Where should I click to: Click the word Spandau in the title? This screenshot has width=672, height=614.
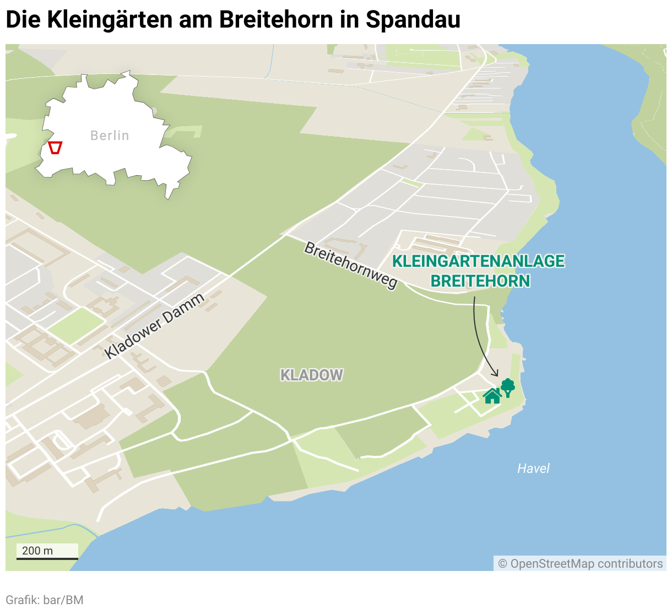click(x=413, y=20)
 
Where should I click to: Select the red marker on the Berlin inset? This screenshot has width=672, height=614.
click(x=55, y=148)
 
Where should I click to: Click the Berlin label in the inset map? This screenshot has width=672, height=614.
click(x=110, y=136)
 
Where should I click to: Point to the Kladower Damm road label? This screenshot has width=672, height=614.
click(x=155, y=326)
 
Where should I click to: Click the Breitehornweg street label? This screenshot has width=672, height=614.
click(x=351, y=265)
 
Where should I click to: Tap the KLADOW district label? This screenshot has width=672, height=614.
click(x=312, y=375)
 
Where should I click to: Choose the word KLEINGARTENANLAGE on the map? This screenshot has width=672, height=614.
click(x=478, y=261)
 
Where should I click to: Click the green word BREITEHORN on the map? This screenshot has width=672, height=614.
click(x=480, y=281)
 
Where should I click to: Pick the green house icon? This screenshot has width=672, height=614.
click(x=492, y=396)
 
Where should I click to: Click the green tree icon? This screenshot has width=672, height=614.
click(x=507, y=387)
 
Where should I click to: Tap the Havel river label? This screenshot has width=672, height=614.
click(x=533, y=468)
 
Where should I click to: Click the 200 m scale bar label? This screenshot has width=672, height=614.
click(x=37, y=551)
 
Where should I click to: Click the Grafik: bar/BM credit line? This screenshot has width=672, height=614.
click(x=45, y=600)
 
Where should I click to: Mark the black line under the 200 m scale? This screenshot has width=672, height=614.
click(x=47, y=559)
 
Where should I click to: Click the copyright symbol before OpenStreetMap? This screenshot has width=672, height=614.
click(x=502, y=564)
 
